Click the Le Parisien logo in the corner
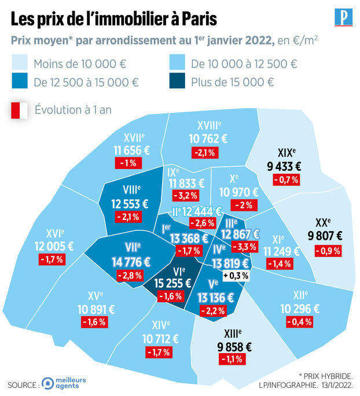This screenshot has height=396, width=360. tap(343, 17)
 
